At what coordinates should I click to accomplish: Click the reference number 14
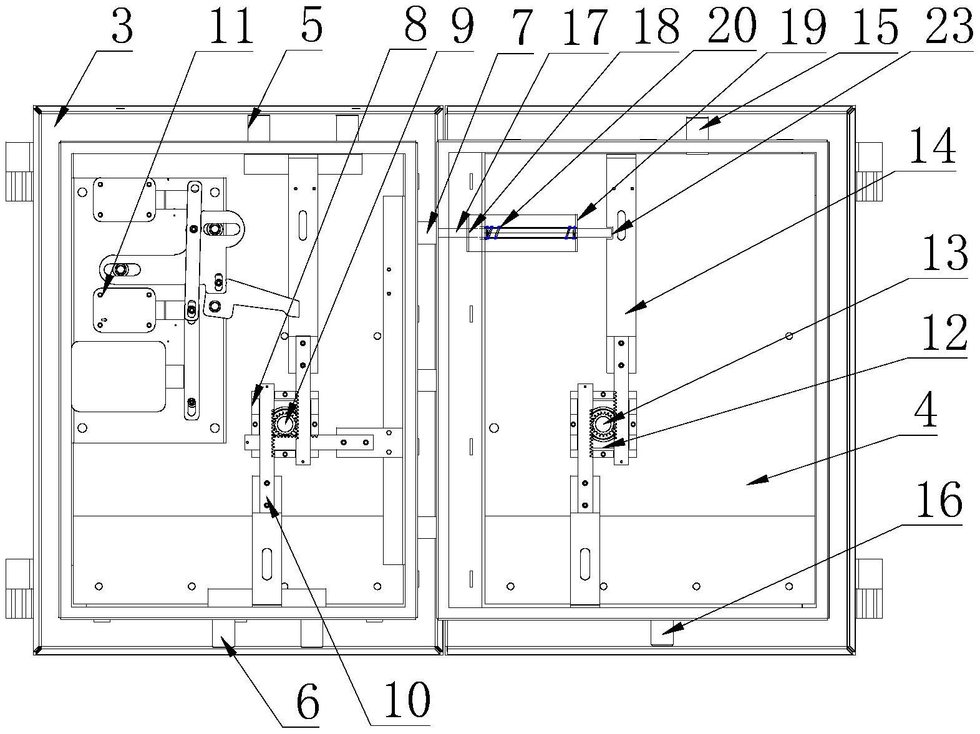click(x=932, y=148)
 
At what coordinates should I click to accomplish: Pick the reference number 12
click(x=944, y=332)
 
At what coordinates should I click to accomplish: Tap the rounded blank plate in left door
click(x=119, y=377)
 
